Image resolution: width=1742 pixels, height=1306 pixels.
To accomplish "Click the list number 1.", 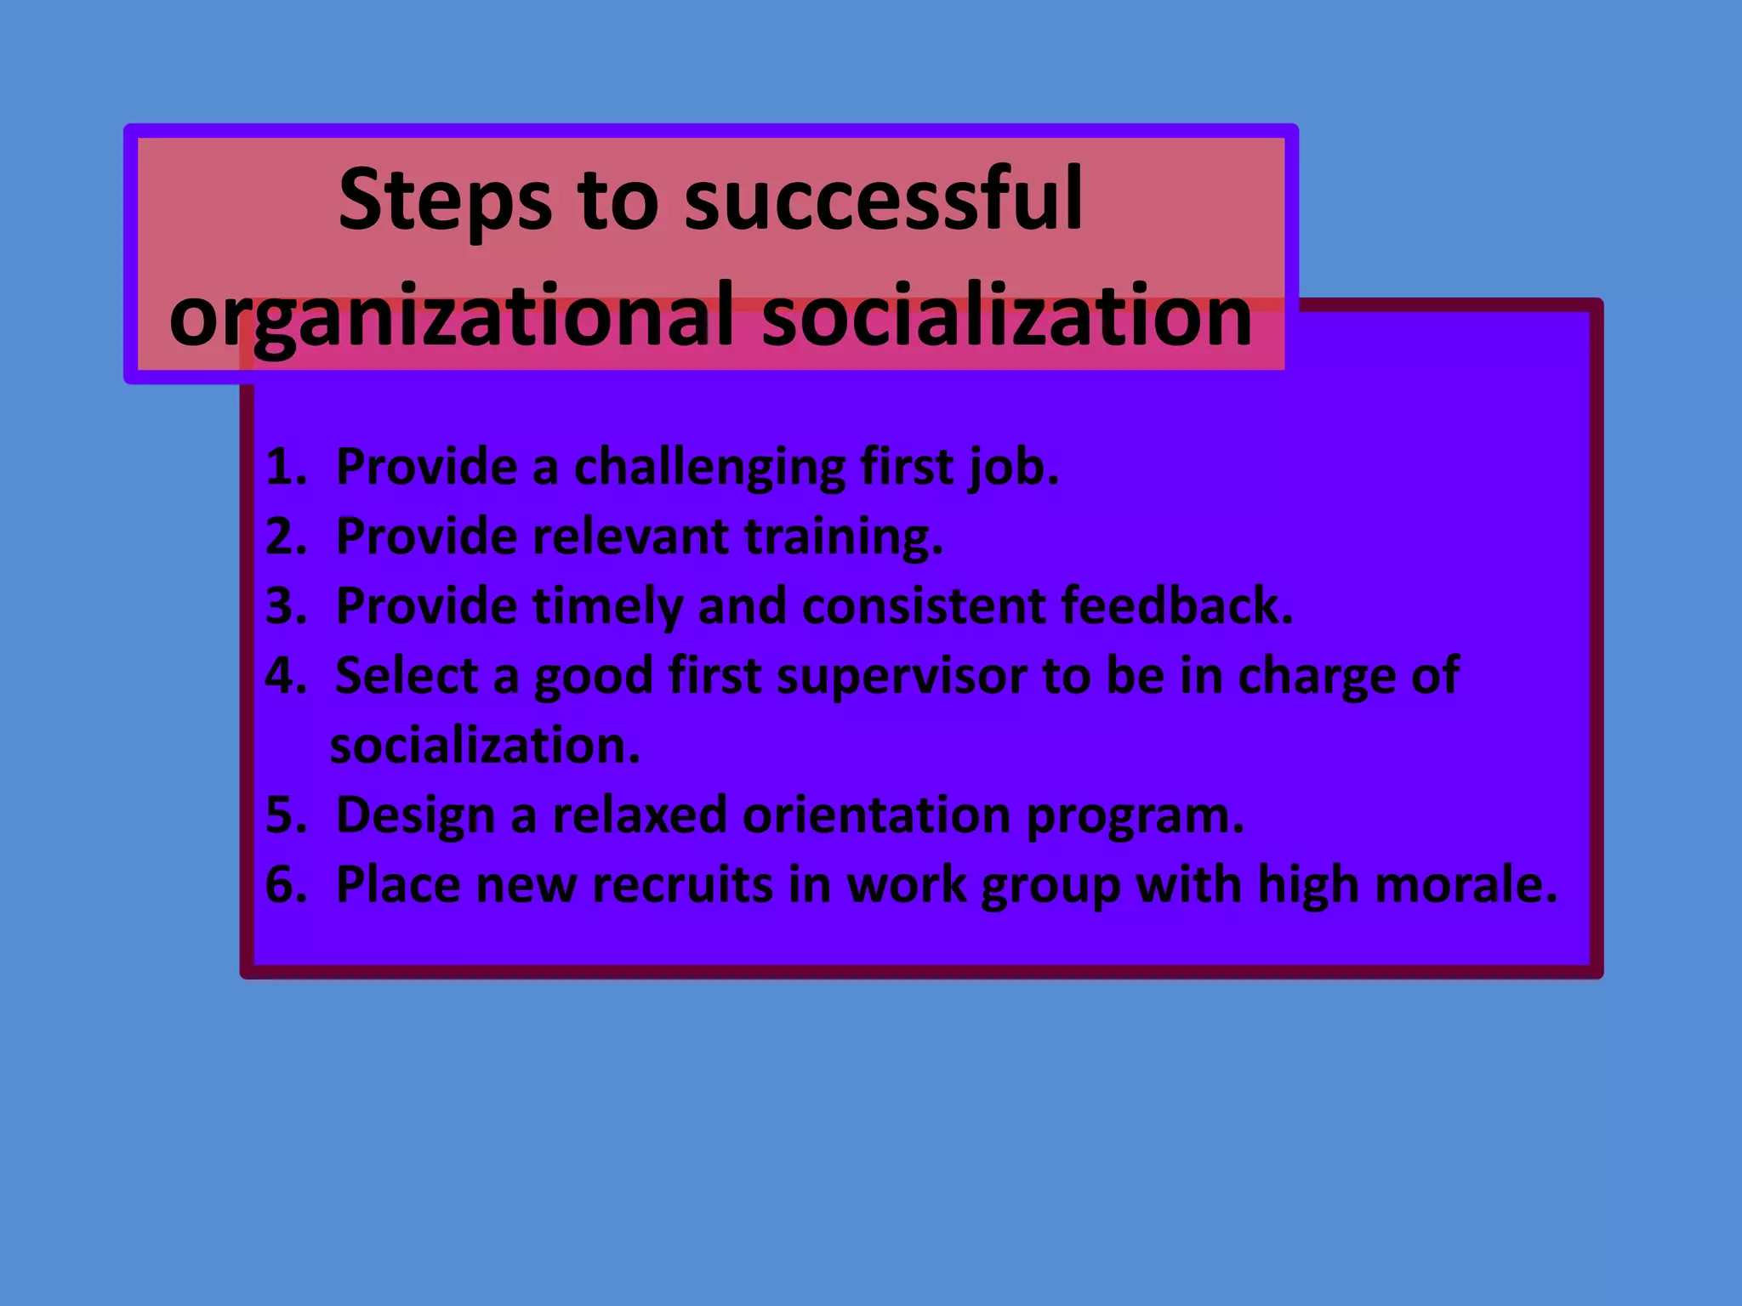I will click(x=283, y=467).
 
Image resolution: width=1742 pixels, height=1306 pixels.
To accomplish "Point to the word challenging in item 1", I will click(x=709, y=468).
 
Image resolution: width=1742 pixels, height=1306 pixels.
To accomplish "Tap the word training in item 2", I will click(x=842, y=538).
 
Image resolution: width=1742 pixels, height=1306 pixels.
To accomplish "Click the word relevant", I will click(x=630, y=537).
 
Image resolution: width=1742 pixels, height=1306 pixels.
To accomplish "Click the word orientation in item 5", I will click(x=876, y=815).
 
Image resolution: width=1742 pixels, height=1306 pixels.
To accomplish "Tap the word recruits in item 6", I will click(x=681, y=885).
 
